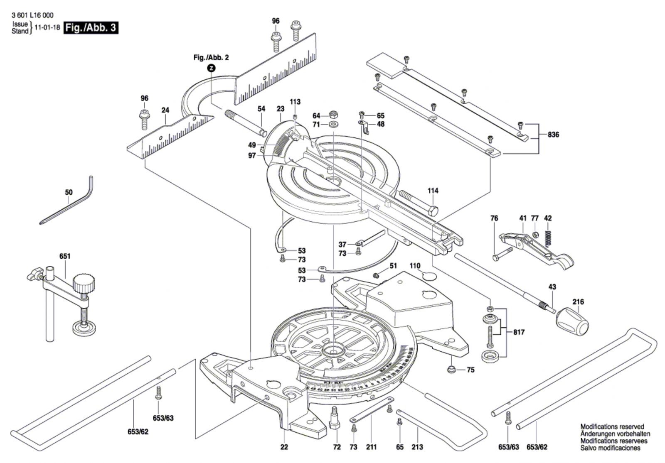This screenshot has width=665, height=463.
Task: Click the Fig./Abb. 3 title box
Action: tap(91, 28)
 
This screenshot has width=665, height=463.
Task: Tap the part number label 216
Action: tap(578, 302)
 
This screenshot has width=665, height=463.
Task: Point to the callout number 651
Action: tap(65, 256)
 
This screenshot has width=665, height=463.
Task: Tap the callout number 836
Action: tap(554, 135)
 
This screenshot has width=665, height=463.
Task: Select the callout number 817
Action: tap(519, 332)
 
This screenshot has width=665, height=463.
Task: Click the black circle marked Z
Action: tap(211, 68)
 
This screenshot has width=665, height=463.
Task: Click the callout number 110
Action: tap(415, 266)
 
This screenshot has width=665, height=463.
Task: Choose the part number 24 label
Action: tap(165, 110)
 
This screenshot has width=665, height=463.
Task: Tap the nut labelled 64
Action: tap(332, 115)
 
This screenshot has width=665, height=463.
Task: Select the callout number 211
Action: tap(371, 447)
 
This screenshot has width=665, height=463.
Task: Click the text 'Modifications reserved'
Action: tap(612, 426)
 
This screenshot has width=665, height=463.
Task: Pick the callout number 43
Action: tap(552, 287)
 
